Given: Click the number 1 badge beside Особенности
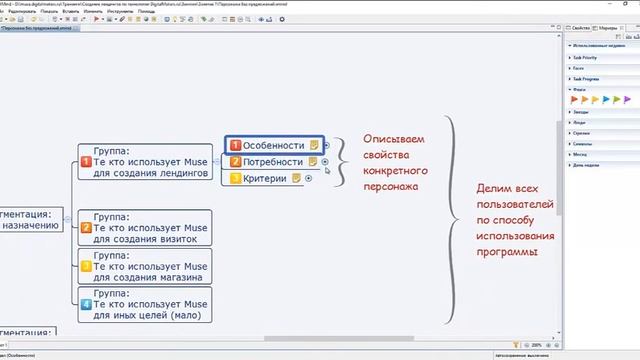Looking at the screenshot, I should tap(235, 146).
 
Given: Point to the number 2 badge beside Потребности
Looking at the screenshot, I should tap(235, 162).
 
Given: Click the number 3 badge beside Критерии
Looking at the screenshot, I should tap(235, 179).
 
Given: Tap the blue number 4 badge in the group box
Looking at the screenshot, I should tap(86, 304).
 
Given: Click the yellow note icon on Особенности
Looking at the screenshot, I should tap(313, 146).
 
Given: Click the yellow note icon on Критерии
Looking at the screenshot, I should tap(297, 179).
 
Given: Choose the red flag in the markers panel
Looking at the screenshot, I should tap(575, 100).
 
